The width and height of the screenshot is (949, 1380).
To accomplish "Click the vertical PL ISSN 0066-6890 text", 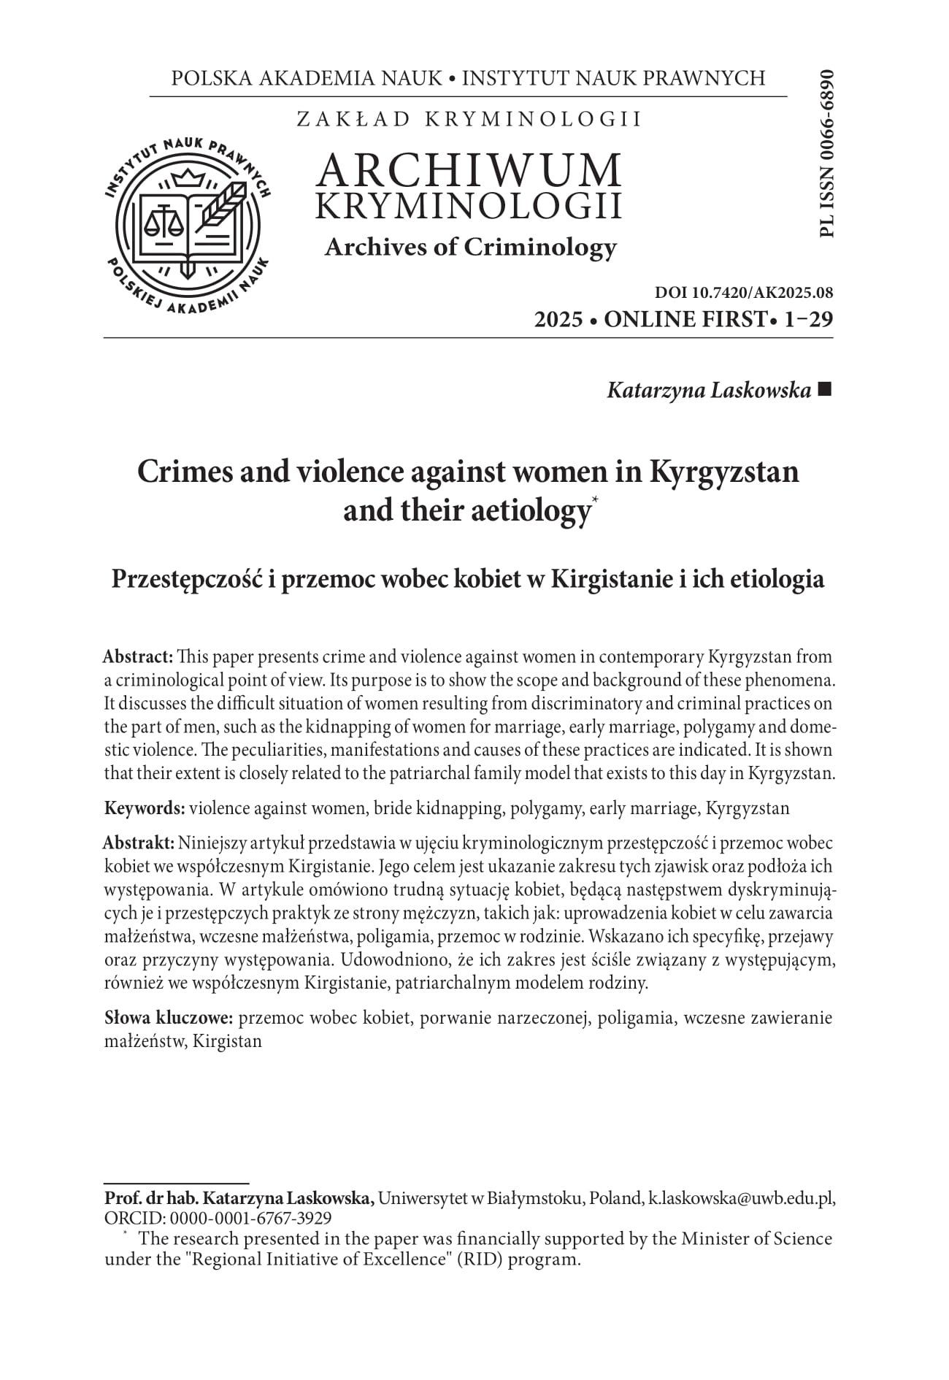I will click(826, 153).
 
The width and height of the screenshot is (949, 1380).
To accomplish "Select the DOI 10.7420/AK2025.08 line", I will click(744, 294).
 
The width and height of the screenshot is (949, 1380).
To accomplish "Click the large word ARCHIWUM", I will click(469, 170).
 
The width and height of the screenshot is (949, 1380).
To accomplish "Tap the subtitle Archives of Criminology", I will click(470, 248).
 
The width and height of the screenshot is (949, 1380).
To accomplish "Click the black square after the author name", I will click(825, 390).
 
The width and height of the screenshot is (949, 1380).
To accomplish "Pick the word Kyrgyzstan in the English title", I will click(723, 472).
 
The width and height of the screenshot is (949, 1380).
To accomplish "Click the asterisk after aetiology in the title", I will click(595, 499).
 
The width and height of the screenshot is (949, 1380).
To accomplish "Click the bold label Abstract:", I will click(138, 657).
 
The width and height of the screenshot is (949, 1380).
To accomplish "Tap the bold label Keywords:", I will click(145, 808).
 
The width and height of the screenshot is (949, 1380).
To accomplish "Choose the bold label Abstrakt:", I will click(139, 843).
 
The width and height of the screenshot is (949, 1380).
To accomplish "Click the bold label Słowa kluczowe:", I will click(169, 1018).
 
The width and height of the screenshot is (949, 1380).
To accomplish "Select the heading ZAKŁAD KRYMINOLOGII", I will click(469, 120).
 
